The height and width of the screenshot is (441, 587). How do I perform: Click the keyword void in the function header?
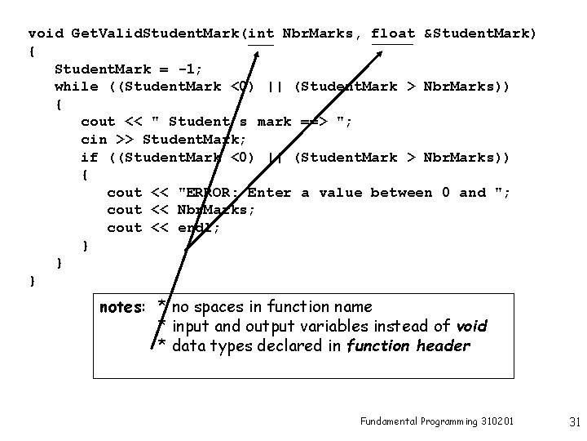[x=46, y=33]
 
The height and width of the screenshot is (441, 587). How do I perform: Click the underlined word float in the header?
[x=393, y=33]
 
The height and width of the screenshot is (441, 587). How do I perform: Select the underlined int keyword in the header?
[x=261, y=33]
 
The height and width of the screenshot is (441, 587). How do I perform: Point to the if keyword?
[x=89, y=157]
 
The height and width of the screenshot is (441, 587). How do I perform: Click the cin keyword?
[x=94, y=140]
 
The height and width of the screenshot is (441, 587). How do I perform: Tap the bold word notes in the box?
[x=121, y=308]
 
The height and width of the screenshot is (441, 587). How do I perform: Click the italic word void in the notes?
[x=471, y=327]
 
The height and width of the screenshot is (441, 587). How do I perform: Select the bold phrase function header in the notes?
[x=408, y=345]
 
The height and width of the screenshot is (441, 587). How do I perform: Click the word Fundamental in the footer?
[x=388, y=421]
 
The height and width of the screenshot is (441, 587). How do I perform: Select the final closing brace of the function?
[x=32, y=281]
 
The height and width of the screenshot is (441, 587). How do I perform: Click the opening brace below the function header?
[x=32, y=51]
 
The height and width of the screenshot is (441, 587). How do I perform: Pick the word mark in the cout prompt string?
[x=274, y=122]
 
